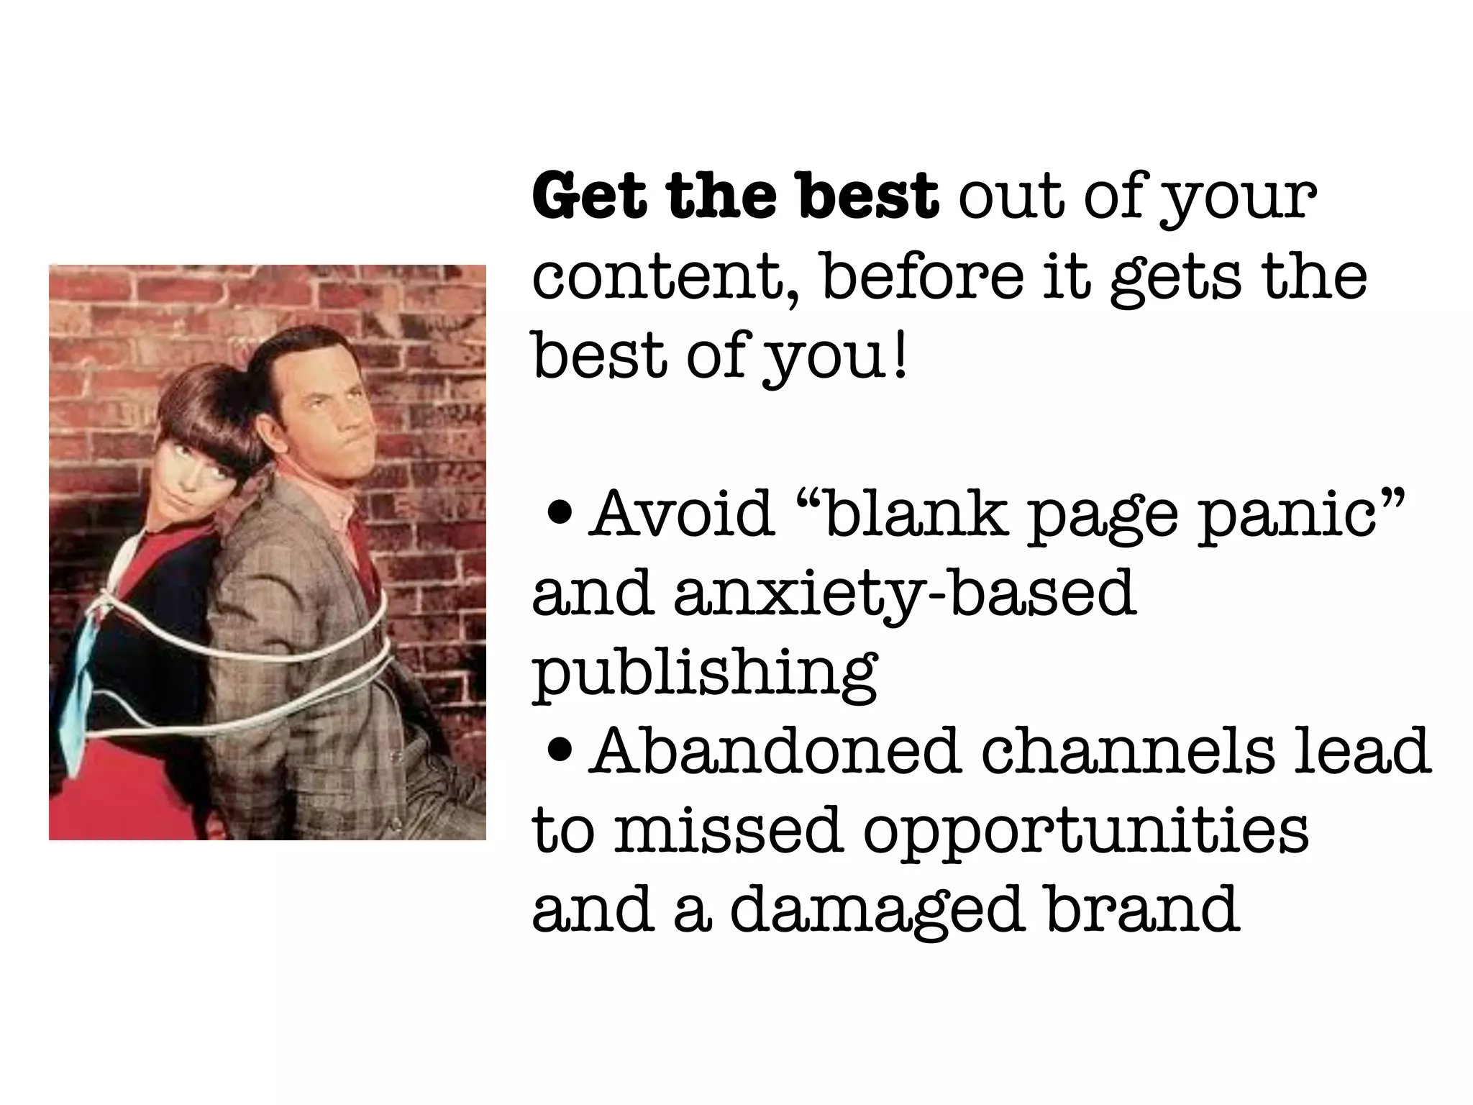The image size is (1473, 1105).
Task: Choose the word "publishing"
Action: click(705, 676)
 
